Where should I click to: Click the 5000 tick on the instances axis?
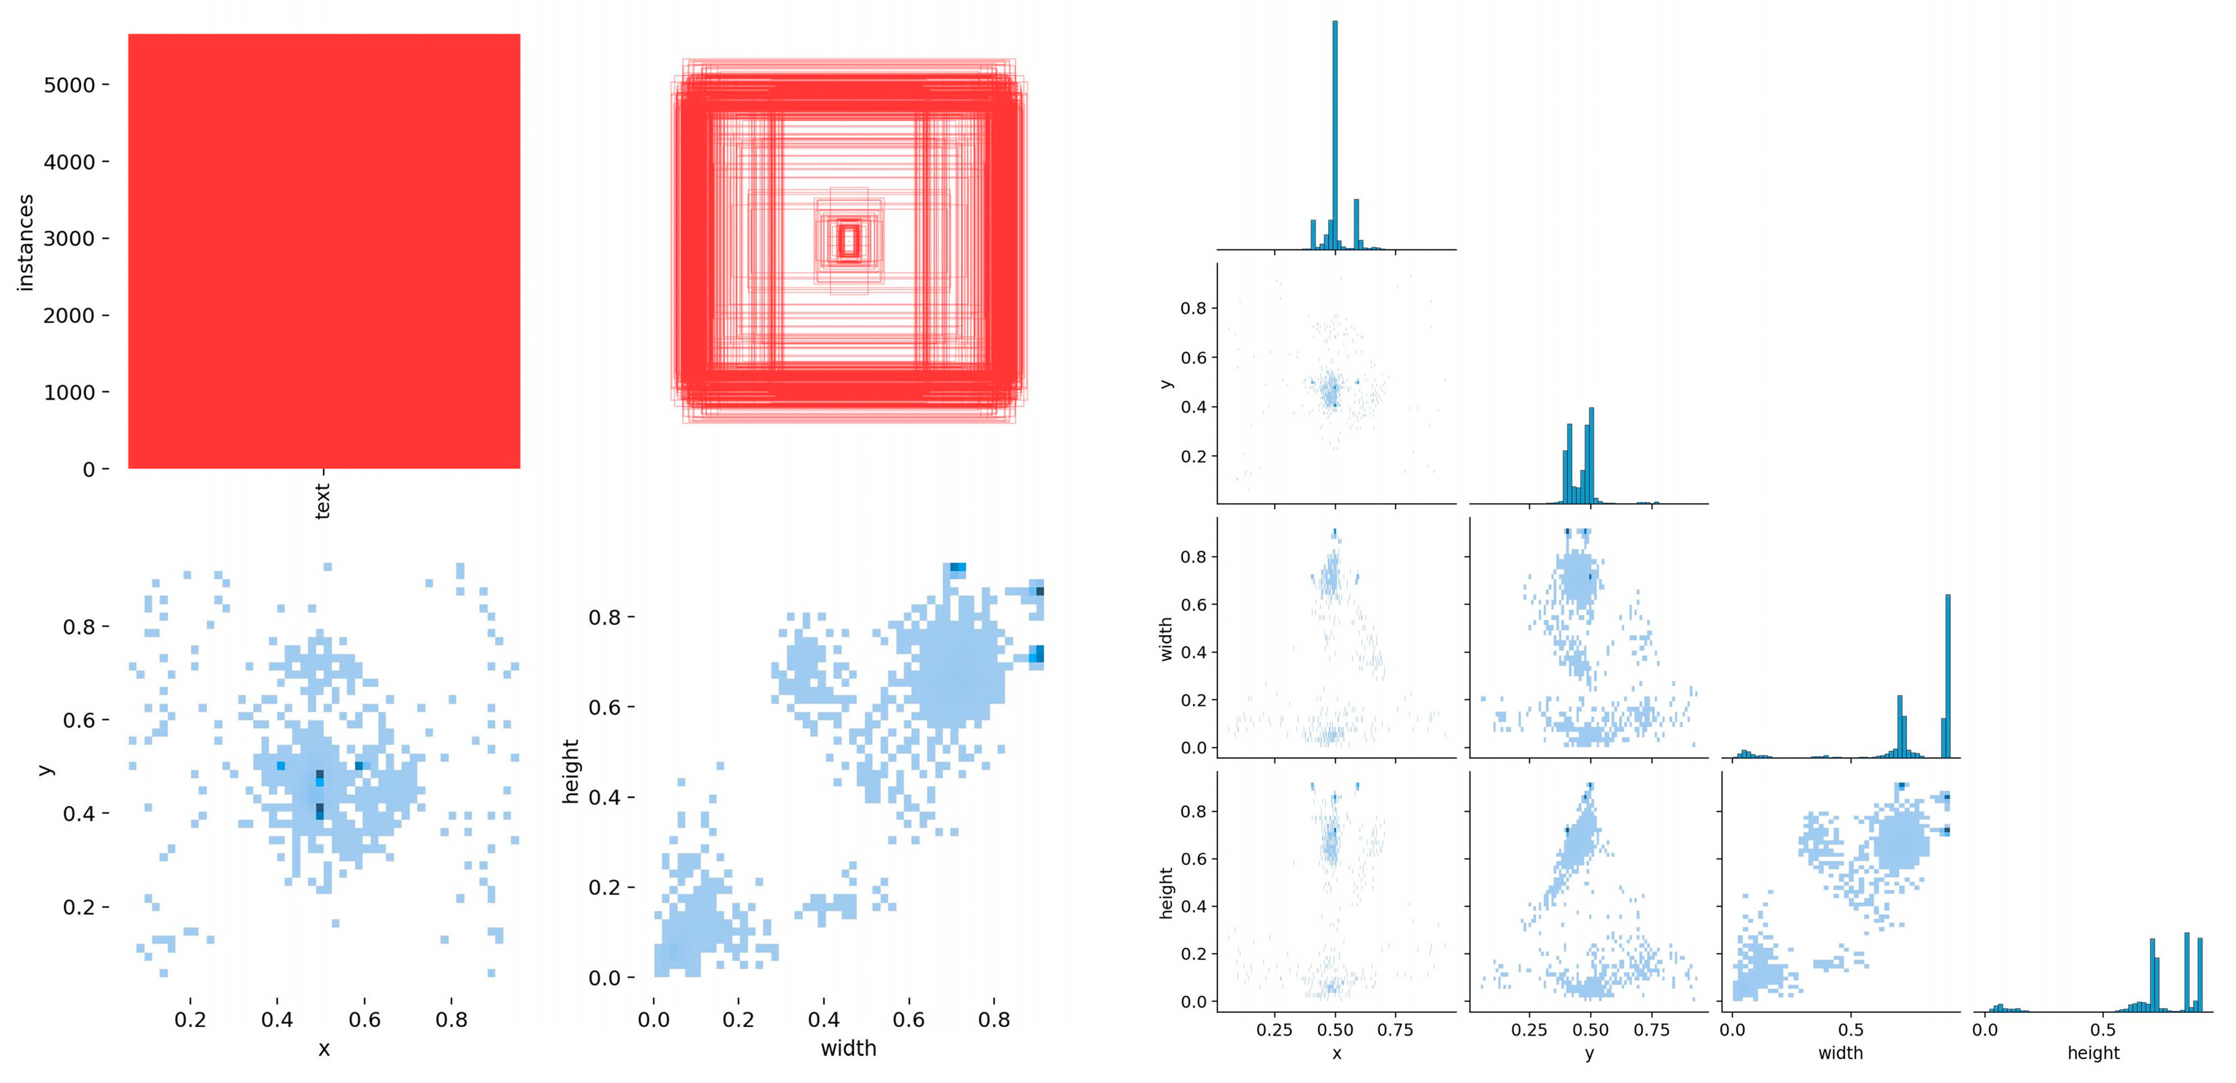69,85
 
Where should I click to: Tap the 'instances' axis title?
26,242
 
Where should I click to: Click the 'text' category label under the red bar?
323,502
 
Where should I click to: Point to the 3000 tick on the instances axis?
69,238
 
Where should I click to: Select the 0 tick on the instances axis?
88,470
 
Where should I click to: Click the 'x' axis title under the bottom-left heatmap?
324,1049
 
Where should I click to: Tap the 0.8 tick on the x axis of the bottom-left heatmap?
451,1020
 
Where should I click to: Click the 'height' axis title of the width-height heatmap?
570,772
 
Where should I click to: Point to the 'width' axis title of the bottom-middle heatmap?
848,1048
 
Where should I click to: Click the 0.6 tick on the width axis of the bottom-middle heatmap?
908,1020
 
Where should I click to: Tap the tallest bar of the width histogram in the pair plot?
1948,677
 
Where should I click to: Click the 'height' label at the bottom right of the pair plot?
2093,1052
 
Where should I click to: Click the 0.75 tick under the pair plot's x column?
1395,1030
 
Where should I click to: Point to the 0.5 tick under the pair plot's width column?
1851,1030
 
